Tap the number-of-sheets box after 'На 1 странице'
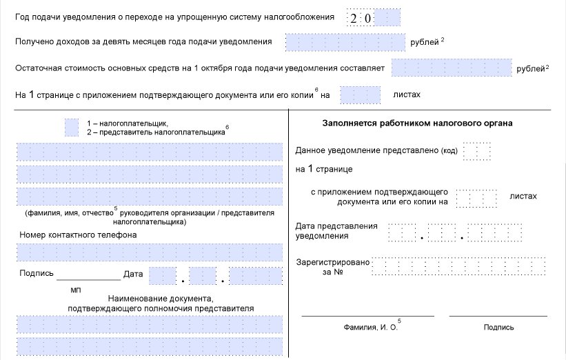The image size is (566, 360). tap(360, 94)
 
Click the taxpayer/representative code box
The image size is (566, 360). tap(72, 127)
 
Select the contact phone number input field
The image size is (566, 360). tap(150, 252)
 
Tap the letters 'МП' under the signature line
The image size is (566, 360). tap(76, 290)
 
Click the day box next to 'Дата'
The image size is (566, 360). tap(163, 277)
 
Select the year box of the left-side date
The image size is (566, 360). tap(256, 277)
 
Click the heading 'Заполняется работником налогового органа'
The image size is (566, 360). tap(416, 123)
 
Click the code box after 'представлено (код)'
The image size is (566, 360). tap(476, 151)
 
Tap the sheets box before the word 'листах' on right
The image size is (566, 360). tap(476, 199)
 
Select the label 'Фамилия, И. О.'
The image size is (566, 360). tap(372, 328)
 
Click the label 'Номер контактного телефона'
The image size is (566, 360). tap(78, 234)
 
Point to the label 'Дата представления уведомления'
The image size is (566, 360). tap(336, 231)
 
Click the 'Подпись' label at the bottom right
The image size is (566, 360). tap(498, 328)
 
